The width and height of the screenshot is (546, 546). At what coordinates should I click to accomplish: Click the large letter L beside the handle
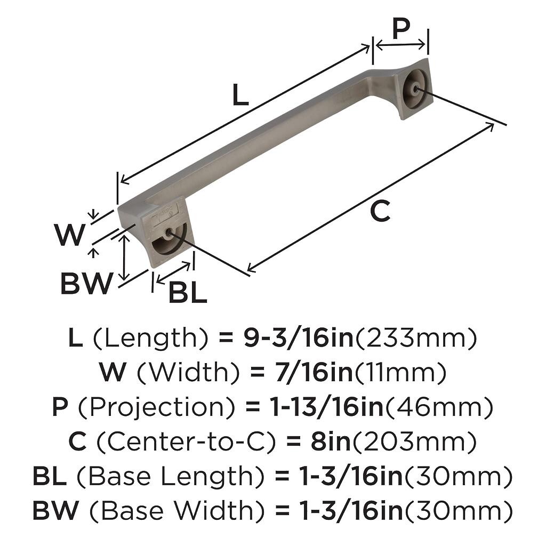240,94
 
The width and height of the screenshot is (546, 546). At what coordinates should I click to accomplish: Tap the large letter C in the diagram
380,211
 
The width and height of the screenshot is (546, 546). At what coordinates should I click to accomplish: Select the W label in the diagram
70,235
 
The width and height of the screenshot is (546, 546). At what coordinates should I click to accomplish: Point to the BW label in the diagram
87,284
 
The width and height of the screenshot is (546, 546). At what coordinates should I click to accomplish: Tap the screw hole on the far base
414,89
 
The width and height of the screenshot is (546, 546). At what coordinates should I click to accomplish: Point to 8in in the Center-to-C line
331,441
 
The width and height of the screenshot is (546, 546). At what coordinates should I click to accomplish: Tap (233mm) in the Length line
415,338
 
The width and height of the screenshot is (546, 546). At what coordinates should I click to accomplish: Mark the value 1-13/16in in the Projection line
327,407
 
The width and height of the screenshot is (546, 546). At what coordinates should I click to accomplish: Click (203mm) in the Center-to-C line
414,441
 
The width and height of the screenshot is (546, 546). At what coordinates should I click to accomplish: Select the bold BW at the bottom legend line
55,510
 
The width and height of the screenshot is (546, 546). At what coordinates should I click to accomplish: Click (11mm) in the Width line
400,372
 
